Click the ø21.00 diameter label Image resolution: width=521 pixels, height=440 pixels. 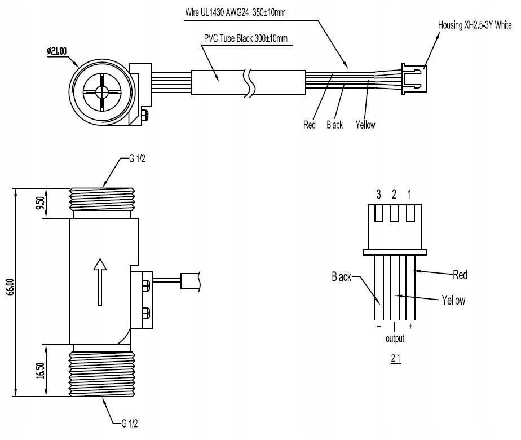point(56,50)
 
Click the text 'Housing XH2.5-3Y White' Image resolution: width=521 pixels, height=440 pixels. point(475,25)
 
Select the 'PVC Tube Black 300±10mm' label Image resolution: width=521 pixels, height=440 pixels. point(246,38)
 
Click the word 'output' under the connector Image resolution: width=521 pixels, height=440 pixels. point(395,339)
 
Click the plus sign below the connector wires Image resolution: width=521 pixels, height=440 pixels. point(410,327)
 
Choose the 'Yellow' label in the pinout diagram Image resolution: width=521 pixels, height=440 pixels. point(453,300)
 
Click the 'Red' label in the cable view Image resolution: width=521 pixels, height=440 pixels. point(310,125)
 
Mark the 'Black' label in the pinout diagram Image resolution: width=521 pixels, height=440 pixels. point(341,276)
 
